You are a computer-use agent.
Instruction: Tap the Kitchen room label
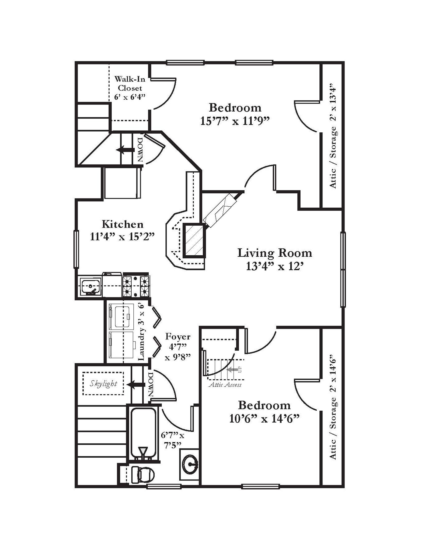click(x=122, y=224)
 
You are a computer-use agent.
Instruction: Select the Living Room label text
click(x=275, y=253)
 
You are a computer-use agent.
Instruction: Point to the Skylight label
click(x=103, y=384)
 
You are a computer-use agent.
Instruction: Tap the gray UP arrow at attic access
click(x=232, y=370)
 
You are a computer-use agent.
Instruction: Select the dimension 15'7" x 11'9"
click(x=235, y=121)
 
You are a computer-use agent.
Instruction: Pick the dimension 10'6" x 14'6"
click(x=264, y=419)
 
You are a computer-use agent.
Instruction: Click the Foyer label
click(x=178, y=336)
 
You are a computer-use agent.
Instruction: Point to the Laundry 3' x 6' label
click(x=142, y=332)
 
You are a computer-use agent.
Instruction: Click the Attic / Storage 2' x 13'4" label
click(x=333, y=136)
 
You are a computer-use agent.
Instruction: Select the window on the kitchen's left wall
click(x=76, y=249)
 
